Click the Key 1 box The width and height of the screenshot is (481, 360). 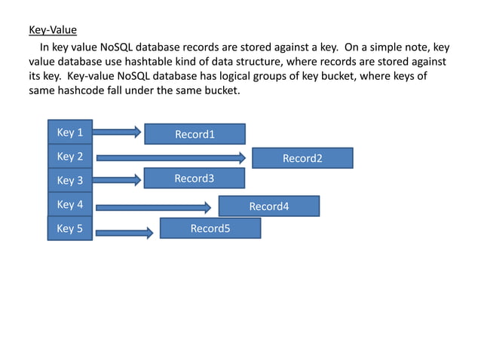70,132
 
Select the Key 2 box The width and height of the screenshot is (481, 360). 70,156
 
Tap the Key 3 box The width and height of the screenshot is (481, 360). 70,180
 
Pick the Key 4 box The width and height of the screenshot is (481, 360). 70,204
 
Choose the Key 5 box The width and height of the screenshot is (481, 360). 70,227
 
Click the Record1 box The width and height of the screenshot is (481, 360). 195,134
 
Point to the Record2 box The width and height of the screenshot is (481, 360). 302,158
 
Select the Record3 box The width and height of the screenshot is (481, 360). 195,178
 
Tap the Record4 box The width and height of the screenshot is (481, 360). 268,206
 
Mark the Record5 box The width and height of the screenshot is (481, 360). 210,228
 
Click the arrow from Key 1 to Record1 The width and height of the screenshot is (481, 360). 118,133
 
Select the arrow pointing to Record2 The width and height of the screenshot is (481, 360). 171,157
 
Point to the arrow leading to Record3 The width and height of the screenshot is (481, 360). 118,180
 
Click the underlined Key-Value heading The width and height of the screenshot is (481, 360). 53,31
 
